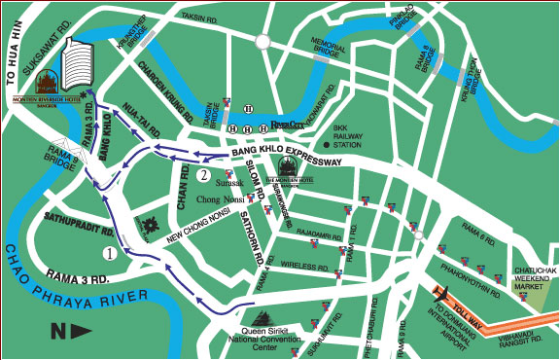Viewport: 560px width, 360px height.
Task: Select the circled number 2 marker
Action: [x=202, y=175]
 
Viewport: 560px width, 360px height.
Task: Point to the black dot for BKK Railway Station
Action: [x=327, y=145]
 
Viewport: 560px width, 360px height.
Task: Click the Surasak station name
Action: [x=230, y=182]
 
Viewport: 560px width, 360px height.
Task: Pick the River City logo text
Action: [x=288, y=125]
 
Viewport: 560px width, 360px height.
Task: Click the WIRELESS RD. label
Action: [x=301, y=264]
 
